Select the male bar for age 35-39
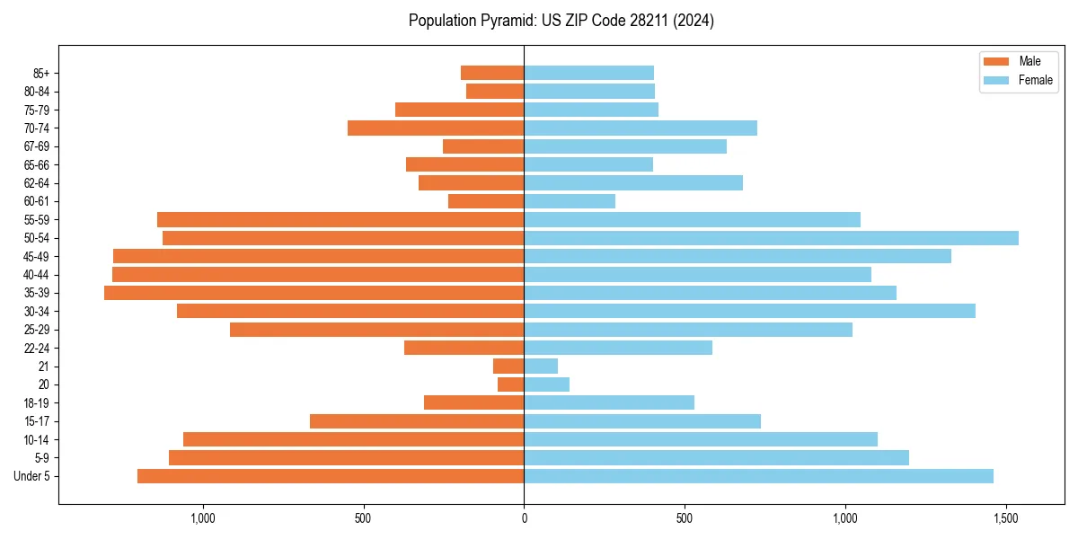tap(314, 293)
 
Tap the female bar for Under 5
tap(758, 476)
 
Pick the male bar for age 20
tap(511, 384)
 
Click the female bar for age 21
tap(541, 366)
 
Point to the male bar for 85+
tap(492, 73)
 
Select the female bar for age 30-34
tap(749, 311)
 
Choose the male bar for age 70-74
tap(436, 128)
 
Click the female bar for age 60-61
tap(570, 201)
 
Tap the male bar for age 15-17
tap(417, 421)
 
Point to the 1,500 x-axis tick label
tap(1005, 518)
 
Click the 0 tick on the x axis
tap(524, 518)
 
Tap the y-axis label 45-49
tap(37, 256)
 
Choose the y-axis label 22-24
tap(37, 348)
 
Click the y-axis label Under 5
tap(32, 476)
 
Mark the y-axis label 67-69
tap(37, 146)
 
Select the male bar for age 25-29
tap(377, 330)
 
